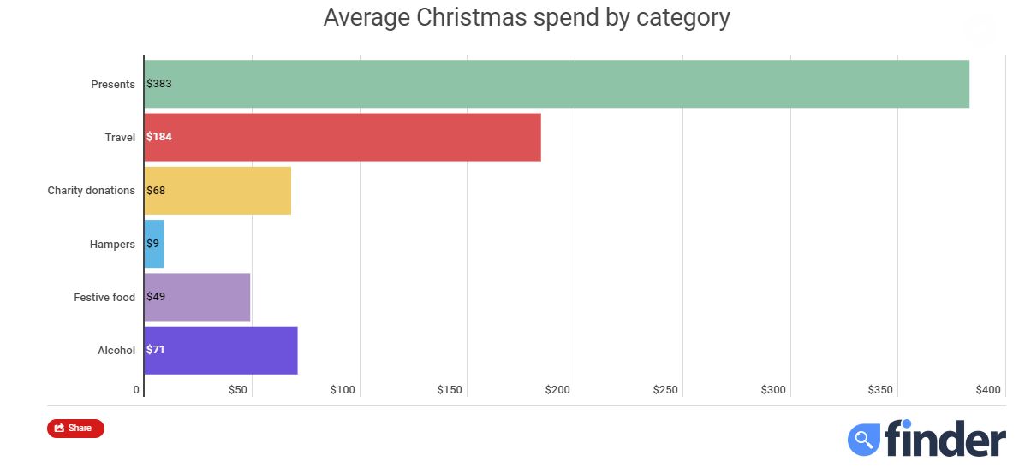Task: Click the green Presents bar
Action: (557, 84)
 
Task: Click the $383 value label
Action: (159, 84)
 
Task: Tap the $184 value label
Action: (159, 137)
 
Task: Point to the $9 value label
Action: (153, 244)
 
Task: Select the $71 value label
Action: (156, 350)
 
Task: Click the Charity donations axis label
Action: (91, 191)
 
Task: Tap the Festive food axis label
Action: (104, 298)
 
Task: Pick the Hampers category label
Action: (112, 245)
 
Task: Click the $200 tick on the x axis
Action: (557, 390)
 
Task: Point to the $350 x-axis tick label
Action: (880, 390)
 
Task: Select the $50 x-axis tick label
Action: (238, 390)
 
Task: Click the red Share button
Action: (75, 428)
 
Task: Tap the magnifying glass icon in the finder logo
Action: (864, 440)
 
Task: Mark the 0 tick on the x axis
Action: (136, 390)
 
